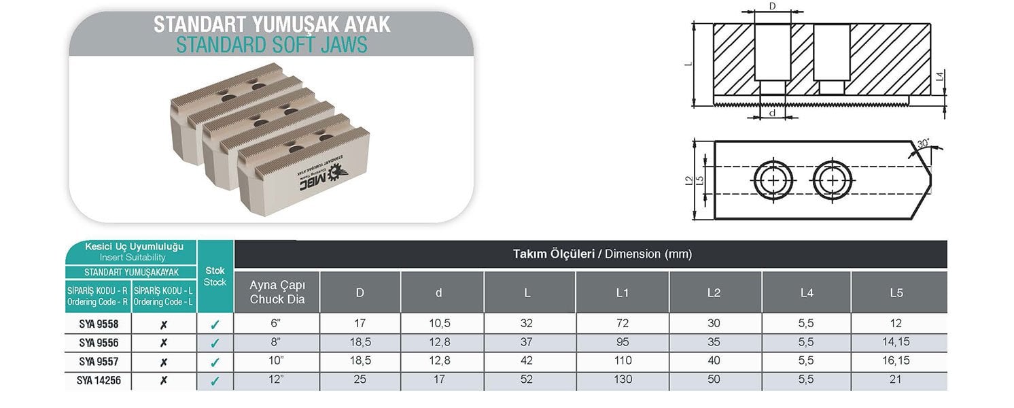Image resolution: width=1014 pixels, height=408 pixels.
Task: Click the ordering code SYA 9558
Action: pos(99,324)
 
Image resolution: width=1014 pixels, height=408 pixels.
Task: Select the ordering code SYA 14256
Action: pos(99,381)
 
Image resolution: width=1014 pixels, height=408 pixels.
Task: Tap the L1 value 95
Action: pos(622,342)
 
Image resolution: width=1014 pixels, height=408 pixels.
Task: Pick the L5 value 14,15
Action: pos(895,342)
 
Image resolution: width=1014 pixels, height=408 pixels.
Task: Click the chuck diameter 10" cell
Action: pos(276,361)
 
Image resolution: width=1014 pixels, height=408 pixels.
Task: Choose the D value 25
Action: pos(360,380)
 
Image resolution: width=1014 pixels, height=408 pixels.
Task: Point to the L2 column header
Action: pos(714,292)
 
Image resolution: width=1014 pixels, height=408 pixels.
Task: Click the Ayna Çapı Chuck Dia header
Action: pos(276,292)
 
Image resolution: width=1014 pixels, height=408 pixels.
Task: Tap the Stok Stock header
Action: pos(215,276)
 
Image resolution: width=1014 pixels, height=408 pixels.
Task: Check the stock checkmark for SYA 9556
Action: pos(215,343)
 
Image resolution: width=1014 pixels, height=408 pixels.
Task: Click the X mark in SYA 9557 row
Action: pos(163,362)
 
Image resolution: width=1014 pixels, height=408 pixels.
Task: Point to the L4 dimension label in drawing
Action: pos(939,78)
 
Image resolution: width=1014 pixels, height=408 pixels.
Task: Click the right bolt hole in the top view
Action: pos(830,180)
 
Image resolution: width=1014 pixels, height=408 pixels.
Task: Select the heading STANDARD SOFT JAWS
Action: pos(271,45)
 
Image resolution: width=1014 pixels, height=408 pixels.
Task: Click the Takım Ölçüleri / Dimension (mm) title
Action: pos(601,254)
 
